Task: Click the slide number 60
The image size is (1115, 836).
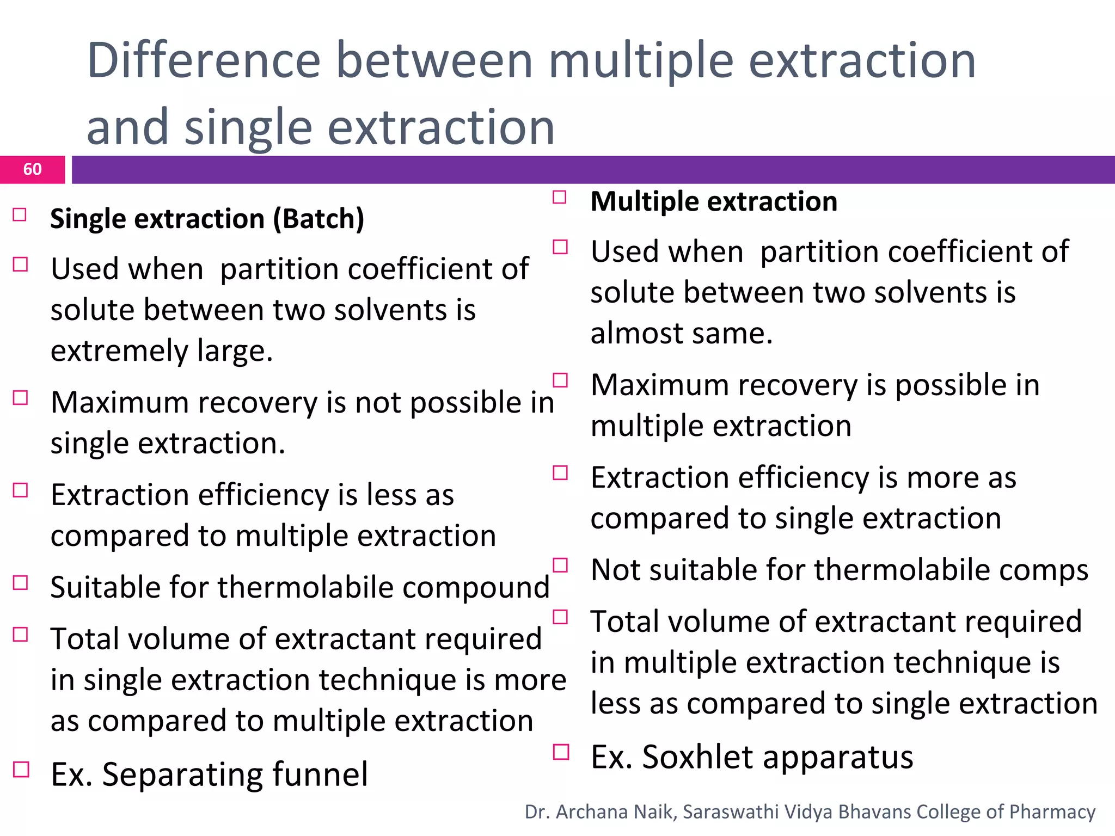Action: [x=32, y=169]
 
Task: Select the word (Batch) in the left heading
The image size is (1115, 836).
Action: [x=318, y=219]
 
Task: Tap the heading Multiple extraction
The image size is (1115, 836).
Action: [x=713, y=202]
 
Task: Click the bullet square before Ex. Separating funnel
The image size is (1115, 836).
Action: [x=21, y=770]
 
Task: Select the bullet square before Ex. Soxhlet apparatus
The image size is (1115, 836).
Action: [x=560, y=752]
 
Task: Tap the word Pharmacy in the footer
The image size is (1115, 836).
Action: [x=1052, y=812]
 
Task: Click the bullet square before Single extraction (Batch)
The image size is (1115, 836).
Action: [x=20, y=214]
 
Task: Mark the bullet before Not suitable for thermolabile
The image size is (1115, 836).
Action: [x=560, y=565]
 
